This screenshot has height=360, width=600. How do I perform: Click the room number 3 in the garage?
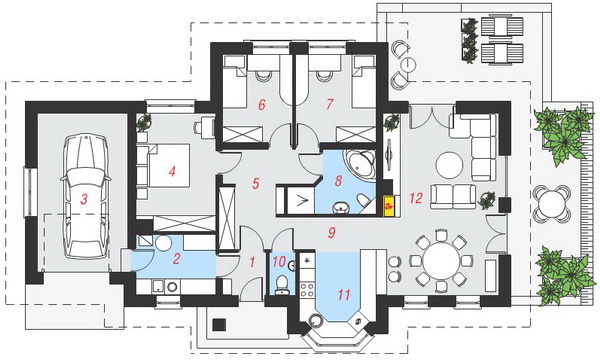[84, 199]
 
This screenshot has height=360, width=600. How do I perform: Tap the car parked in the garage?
[86, 197]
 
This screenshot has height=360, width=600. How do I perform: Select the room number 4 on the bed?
[172, 171]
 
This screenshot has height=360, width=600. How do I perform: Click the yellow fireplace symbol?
[389, 206]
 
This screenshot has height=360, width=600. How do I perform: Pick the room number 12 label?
[416, 198]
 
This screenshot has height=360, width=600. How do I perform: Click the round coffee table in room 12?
[449, 165]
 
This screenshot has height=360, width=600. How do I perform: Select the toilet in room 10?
[281, 283]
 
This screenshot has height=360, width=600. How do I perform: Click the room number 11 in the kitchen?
[344, 295]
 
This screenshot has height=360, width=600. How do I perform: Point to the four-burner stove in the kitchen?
[307, 290]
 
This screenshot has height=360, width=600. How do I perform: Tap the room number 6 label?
[262, 104]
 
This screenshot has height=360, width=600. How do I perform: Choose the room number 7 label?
[329, 104]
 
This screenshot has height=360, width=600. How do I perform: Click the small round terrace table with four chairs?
[551, 203]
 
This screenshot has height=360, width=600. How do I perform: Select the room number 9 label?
[331, 232]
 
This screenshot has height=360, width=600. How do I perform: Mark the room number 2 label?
[176, 259]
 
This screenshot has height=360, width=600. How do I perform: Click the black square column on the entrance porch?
[219, 325]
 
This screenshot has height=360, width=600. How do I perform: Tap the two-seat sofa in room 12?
[453, 197]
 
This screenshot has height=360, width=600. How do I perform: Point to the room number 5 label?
[256, 184]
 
